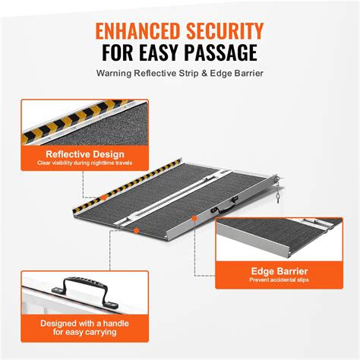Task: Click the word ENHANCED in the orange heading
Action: pyautogui.click(x=137, y=33)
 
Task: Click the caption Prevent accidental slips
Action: pyautogui.click(x=279, y=279)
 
